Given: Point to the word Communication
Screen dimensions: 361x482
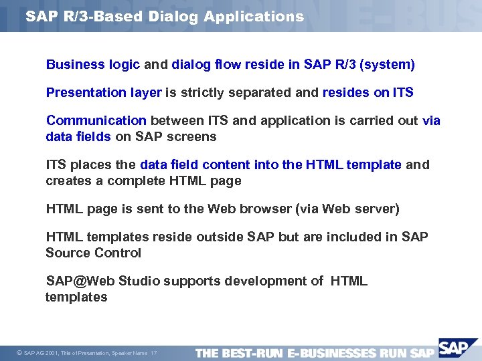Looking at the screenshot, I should coord(96,121).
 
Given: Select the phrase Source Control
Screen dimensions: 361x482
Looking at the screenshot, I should coord(93,253).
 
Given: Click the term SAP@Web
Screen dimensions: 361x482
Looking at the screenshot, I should coord(75,281).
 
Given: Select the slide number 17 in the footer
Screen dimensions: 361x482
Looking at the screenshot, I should coord(154,353).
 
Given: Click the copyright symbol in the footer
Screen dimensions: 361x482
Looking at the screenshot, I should coord(18,353).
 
